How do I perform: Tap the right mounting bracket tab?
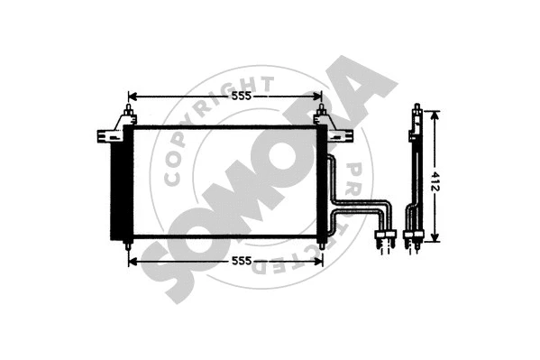(x=341, y=136)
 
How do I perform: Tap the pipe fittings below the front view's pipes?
(x=385, y=238)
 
